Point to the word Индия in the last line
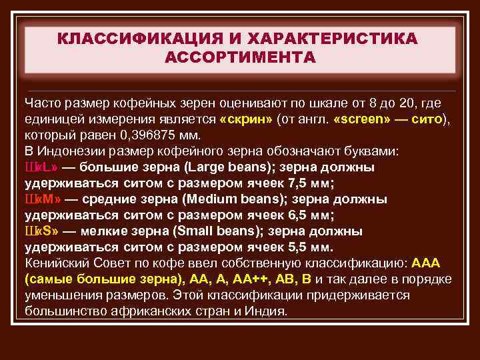click(267, 311)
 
